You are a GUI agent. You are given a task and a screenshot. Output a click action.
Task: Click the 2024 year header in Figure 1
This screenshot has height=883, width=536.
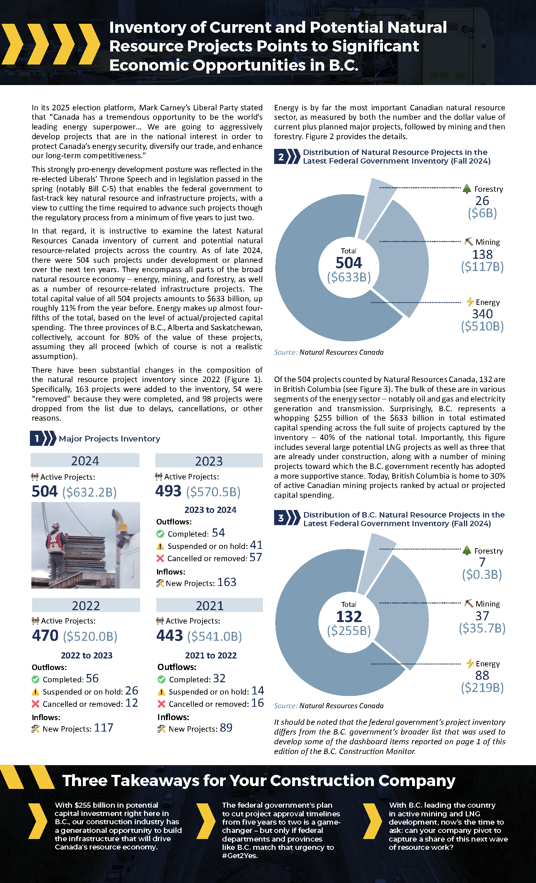(85, 461)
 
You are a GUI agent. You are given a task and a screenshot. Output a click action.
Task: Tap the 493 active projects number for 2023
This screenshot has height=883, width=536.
(168, 491)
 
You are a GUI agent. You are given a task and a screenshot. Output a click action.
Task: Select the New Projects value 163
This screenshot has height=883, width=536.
(227, 582)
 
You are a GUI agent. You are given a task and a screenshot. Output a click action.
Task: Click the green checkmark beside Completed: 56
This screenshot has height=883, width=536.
(35, 679)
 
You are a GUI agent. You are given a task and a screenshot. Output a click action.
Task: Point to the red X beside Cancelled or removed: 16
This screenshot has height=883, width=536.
(161, 704)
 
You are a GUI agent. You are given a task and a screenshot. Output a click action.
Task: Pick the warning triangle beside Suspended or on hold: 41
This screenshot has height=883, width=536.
(160, 546)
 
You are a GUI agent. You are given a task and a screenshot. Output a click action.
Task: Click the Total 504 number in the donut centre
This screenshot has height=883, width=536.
(349, 263)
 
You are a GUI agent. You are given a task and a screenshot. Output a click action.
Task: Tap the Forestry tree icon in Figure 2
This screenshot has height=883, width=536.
(467, 188)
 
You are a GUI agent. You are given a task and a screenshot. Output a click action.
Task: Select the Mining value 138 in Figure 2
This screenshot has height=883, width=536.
(482, 254)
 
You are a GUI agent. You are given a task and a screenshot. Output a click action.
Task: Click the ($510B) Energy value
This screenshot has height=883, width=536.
(482, 326)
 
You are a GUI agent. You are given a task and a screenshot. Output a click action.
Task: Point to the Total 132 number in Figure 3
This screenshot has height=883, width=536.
(349, 617)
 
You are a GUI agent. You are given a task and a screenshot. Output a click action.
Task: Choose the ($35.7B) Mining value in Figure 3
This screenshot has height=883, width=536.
(482, 628)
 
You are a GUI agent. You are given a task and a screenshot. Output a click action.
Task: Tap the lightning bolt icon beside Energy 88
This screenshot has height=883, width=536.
(470, 663)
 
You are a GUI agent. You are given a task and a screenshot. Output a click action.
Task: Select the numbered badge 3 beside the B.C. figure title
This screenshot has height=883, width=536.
(281, 518)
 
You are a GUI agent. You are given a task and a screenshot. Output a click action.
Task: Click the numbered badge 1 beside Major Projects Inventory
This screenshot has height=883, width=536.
(37, 439)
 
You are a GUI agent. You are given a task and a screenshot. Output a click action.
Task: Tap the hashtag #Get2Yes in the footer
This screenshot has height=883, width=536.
(240, 856)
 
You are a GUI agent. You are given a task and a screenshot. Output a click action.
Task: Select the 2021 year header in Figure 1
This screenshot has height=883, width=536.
(210, 605)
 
